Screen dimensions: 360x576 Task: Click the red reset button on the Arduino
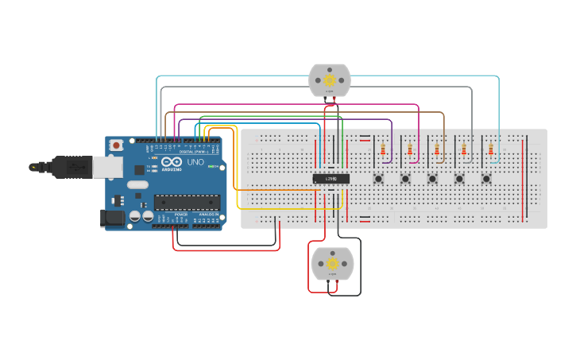tap(117, 145)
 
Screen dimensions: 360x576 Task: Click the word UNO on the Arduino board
tap(195, 162)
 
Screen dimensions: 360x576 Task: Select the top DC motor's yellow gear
tap(330, 79)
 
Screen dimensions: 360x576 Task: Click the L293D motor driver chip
tap(331, 179)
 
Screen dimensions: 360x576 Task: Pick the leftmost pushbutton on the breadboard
tap(378, 179)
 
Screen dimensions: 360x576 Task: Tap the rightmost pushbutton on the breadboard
tap(485, 179)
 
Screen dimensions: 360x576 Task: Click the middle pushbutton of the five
tap(432, 179)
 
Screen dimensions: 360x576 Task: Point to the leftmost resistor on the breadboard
tap(384, 149)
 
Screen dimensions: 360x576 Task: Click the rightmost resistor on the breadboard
tap(490, 149)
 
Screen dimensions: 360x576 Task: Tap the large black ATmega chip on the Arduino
tap(186, 203)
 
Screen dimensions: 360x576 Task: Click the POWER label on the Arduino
tap(181, 215)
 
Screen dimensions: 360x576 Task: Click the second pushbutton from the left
tap(405, 179)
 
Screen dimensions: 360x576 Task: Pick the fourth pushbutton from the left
tap(459, 179)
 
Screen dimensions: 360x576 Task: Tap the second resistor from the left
tap(410, 149)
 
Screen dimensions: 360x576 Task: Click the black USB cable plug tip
tap(33, 167)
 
